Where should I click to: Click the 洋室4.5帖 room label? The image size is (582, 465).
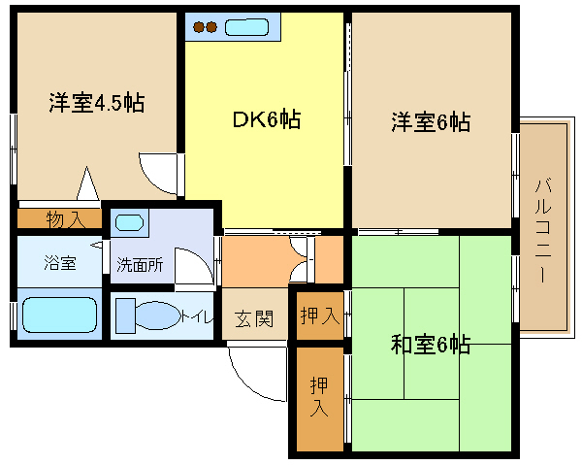click(96, 103)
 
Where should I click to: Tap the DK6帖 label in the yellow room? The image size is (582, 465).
click(267, 119)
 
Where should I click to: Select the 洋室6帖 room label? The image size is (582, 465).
click(431, 121)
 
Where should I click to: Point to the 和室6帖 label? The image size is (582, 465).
click(431, 345)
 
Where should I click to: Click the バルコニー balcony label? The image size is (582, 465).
click(542, 230)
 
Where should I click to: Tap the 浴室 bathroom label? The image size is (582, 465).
click(60, 262)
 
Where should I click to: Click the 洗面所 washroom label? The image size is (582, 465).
click(140, 264)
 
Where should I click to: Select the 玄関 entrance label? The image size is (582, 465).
click(254, 318)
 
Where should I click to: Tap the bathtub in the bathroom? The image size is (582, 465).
click(59, 315)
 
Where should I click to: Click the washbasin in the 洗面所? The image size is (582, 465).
click(129, 223)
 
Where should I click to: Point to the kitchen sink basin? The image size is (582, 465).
click(246, 27)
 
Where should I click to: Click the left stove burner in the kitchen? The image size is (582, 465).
click(199, 27)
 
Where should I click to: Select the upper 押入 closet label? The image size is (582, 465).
click(320, 316)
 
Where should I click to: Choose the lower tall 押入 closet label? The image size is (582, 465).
click(319, 397)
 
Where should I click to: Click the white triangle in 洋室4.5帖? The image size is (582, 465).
click(87, 183)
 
